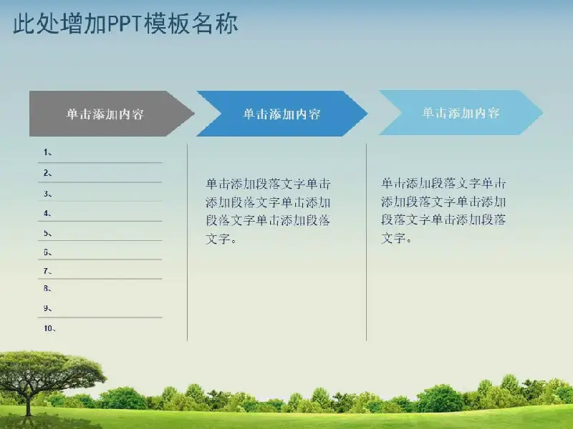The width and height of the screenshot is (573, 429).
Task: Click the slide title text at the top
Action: (x=126, y=24)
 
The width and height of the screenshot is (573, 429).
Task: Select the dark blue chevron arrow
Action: (x=281, y=114)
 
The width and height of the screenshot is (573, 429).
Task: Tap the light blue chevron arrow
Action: (x=461, y=113)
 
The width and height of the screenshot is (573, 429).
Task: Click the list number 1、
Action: (x=48, y=152)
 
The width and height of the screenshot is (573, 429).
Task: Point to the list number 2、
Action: (x=48, y=173)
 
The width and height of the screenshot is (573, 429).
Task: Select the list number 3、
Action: (x=48, y=194)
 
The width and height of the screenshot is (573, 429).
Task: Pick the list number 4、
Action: (x=47, y=213)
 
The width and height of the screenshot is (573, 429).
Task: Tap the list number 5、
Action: (x=48, y=233)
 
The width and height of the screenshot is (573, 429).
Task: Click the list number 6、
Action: (x=48, y=252)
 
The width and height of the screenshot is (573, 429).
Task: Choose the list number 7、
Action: (x=48, y=271)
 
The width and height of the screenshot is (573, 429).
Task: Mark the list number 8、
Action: (x=48, y=289)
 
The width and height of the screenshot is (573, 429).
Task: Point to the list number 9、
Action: (x=48, y=308)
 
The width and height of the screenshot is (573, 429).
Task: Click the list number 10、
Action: (x=50, y=328)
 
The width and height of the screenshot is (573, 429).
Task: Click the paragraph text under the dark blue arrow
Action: (x=268, y=211)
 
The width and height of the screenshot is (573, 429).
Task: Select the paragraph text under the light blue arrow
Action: (x=443, y=210)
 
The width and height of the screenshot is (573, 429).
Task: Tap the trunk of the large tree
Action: (x=29, y=403)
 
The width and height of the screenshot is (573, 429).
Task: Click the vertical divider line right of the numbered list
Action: (x=188, y=242)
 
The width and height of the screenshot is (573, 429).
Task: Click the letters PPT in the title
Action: (x=124, y=24)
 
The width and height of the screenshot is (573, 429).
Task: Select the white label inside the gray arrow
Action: (x=105, y=114)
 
